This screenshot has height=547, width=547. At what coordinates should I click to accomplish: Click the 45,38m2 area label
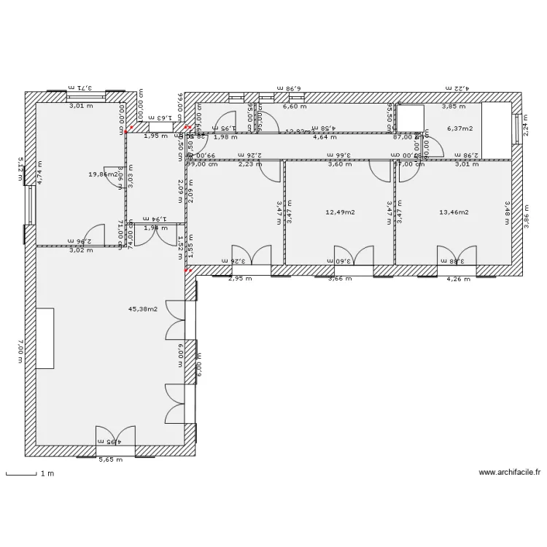coord(142,309)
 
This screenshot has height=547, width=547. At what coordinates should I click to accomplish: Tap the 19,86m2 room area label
coord(104,174)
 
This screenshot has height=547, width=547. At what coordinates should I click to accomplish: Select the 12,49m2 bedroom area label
coord(339,213)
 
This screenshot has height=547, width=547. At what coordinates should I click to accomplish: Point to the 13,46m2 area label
coord(453,213)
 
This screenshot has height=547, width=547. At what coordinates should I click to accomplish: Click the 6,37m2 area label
coord(459,129)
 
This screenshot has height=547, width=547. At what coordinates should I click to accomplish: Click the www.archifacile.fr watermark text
coord(510,473)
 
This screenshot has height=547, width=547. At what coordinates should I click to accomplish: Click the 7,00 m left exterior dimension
coord(20,351)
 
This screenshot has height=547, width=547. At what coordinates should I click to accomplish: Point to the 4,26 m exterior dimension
coord(457,279)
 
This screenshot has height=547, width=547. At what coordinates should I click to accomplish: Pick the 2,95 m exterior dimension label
coord(239,279)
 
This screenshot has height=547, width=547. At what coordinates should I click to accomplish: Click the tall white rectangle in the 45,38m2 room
coord(44,339)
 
